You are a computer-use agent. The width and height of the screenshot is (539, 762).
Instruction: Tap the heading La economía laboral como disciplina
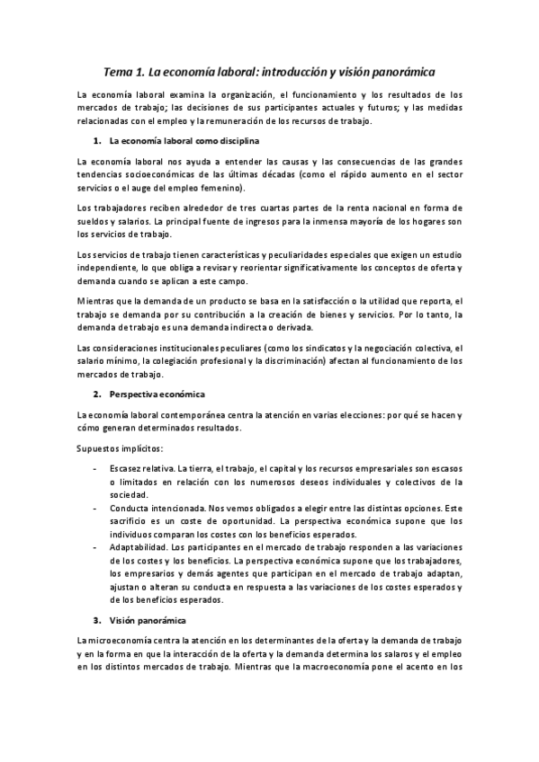point(184,141)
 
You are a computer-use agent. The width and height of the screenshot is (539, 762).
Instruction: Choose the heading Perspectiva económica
point(157,394)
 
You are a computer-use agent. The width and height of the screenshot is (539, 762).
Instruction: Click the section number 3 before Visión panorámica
point(96,620)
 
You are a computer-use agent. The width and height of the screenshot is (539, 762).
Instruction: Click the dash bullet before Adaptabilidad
point(96,546)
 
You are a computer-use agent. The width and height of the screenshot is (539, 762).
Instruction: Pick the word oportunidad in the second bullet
point(243,520)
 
